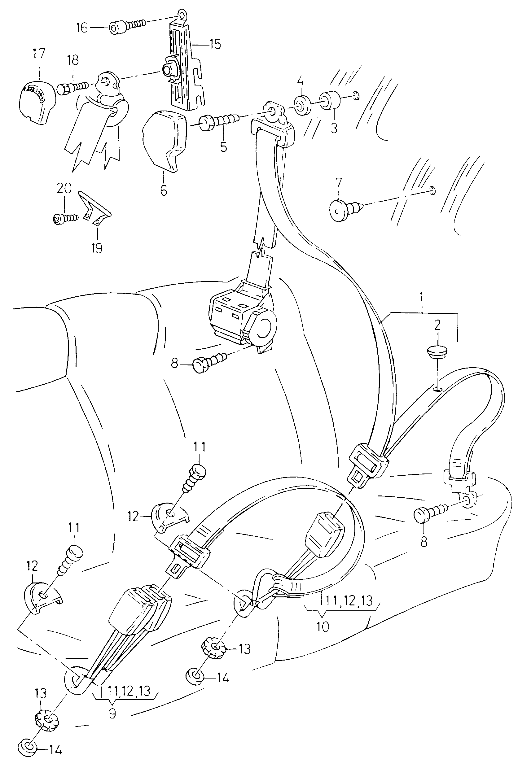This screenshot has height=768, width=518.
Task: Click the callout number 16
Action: pos(81,28)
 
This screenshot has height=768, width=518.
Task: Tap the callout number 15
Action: pos(215,44)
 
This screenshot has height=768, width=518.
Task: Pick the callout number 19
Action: pos(97,248)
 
